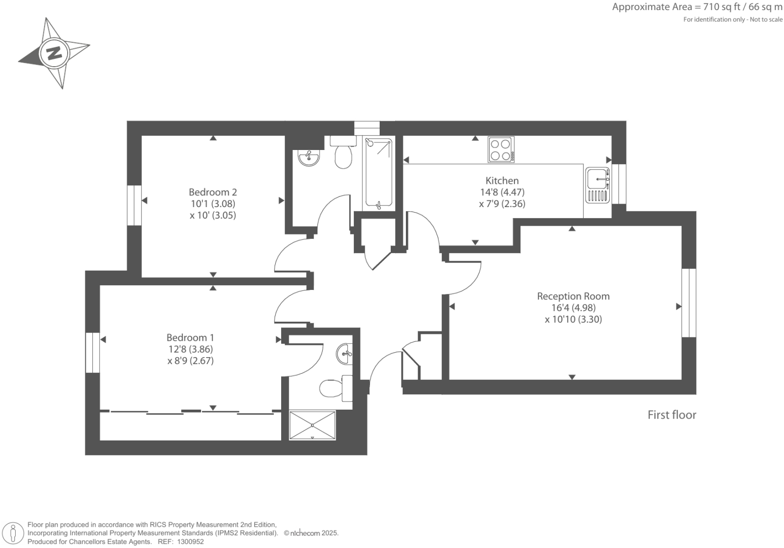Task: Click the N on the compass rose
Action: (54, 53)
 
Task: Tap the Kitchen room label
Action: (502, 181)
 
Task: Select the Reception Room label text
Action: (573, 296)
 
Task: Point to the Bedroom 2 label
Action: (213, 192)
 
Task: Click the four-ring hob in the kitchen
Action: (501, 150)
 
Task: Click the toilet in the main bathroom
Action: (343, 154)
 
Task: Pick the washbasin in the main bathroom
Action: (308, 158)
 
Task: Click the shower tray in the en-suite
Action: (312, 425)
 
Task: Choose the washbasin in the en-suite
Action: (345, 353)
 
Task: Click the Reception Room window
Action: (689, 303)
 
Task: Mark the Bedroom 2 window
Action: (134, 205)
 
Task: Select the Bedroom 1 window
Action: (92, 352)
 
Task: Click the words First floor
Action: (671, 415)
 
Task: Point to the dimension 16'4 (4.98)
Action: (573, 308)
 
